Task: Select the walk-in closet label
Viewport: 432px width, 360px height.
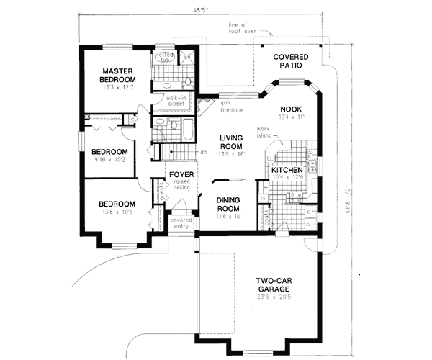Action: pos(176,100)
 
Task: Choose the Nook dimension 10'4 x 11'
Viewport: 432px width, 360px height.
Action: pos(292,115)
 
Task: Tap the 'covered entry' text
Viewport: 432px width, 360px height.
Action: pos(181,224)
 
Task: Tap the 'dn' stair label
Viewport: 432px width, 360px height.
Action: pos(204,152)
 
